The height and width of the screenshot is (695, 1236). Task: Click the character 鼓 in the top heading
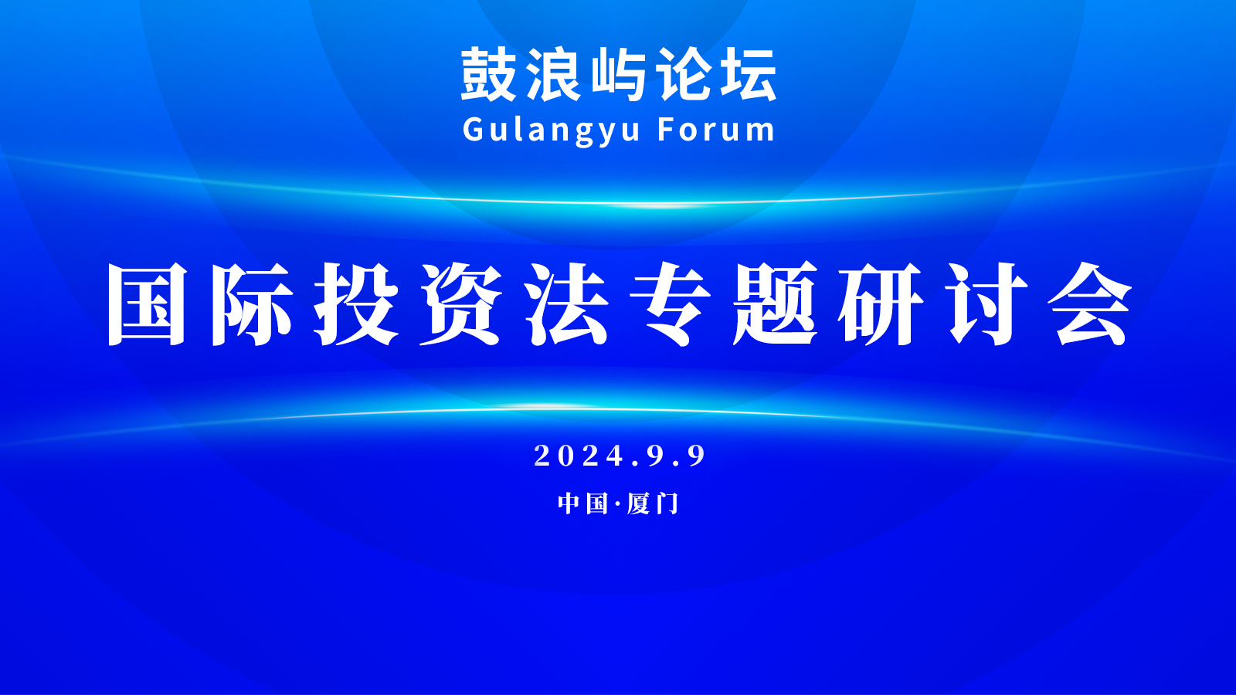pos(488,74)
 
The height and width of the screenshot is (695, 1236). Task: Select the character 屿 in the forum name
pos(619,74)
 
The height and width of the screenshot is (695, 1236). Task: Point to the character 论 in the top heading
pos(684,74)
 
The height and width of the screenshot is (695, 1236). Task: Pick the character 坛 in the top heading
pos(749,74)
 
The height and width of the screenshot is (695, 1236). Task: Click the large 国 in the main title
pos(147,304)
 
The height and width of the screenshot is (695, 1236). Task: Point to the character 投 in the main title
pos(356,304)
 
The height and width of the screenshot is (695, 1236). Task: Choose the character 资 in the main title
pos(460,304)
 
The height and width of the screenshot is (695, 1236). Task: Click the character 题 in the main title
pos(776,304)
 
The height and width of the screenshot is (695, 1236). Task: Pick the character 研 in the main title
pos(880,304)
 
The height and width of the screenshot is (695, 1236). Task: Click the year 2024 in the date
pos(579,456)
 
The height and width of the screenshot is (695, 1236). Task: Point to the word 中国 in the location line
pos(582,503)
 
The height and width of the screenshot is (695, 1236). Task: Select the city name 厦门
pos(652,503)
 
